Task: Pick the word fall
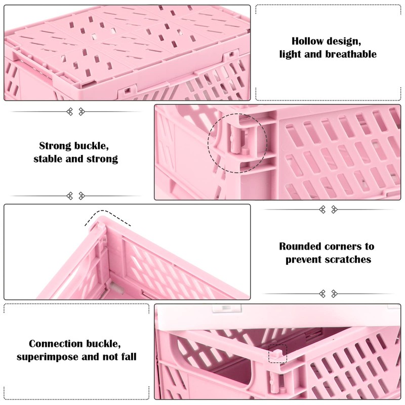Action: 128,356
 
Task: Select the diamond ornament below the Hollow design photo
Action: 75,111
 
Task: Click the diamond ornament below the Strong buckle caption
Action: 75,196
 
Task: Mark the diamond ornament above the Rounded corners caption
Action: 328,209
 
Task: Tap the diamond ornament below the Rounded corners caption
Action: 328,294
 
